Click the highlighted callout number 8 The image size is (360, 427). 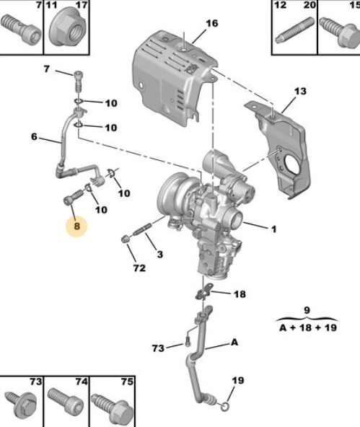(76, 226)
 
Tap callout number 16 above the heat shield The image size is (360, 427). (211, 23)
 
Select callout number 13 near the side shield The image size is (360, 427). (300, 91)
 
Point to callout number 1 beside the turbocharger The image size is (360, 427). (273, 229)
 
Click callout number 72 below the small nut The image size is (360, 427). (139, 268)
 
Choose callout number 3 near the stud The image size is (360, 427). (160, 255)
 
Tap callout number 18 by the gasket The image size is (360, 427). (240, 294)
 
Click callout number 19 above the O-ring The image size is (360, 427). (238, 380)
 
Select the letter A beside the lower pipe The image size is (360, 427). (234, 342)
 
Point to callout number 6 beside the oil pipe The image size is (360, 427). (34, 136)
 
